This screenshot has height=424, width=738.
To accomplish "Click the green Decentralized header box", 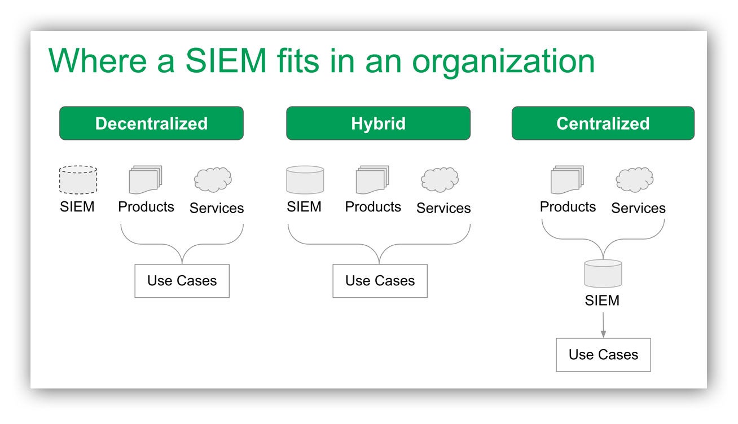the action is click(x=151, y=123).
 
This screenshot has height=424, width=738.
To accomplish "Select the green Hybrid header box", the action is click(x=378, y=123).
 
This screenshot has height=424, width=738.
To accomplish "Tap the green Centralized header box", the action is click(x=603, y=123).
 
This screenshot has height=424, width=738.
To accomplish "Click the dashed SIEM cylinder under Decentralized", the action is click(x=78, y=180).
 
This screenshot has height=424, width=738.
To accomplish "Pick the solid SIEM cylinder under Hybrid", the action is click(x=305, y=180).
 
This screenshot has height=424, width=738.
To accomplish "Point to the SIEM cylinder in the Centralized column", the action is click(x=603, y=273).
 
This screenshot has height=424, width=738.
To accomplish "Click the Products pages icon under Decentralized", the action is click(x=146, y=180).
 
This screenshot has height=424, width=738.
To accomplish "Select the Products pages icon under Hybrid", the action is click(x=372, y=180).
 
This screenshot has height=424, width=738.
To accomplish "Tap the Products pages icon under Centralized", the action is click(x=567, y=180).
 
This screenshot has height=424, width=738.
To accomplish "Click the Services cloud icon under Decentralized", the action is click(x=213, y=180).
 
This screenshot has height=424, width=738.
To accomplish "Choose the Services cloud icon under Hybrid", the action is click(x=440, y=180).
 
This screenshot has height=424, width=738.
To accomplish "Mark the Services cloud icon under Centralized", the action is click(x=635, y=180).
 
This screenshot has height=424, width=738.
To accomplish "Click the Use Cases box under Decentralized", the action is click(x=182, y=281).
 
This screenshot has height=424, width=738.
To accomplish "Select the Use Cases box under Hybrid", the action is click(x=380, y=281).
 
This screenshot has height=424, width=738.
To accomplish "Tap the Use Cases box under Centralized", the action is click(x=603, y=355).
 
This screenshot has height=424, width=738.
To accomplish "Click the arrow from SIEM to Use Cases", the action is click(x=603, y=325).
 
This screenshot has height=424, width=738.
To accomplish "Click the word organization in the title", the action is click(x=503, y=63).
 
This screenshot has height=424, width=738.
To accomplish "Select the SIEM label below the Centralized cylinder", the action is click(x=602, y=300).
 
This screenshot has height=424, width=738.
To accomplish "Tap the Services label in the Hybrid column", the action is click(x=443, y=208).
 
